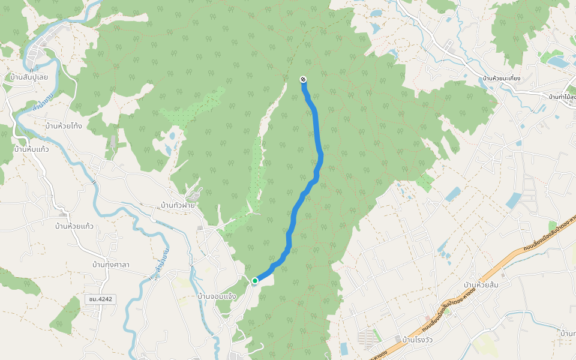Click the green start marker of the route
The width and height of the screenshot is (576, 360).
(x=255, y=280)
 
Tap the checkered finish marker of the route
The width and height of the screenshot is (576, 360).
(x=303, y=79)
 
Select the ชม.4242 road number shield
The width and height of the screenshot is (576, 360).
(x=99, y=298)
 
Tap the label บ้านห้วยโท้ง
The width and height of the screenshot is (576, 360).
(x=64, y=126)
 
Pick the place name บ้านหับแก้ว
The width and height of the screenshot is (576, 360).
(x=31, y=149)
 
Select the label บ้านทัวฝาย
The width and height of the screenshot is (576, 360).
(x=178, y=205)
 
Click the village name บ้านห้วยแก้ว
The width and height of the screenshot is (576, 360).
(x=74, y=226)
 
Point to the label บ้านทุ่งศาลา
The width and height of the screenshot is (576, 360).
(x=111, y=265)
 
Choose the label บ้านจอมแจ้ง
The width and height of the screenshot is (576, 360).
(x=217, y=296)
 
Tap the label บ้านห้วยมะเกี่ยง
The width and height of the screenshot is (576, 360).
(x=502, y=79)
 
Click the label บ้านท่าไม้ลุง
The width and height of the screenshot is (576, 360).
(x=562, y=97)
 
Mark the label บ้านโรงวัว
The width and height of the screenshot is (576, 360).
(x=419, y=339)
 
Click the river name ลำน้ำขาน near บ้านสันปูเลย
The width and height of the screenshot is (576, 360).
(x=43, y=101)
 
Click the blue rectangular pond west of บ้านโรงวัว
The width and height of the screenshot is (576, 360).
(x=344, y=348)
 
